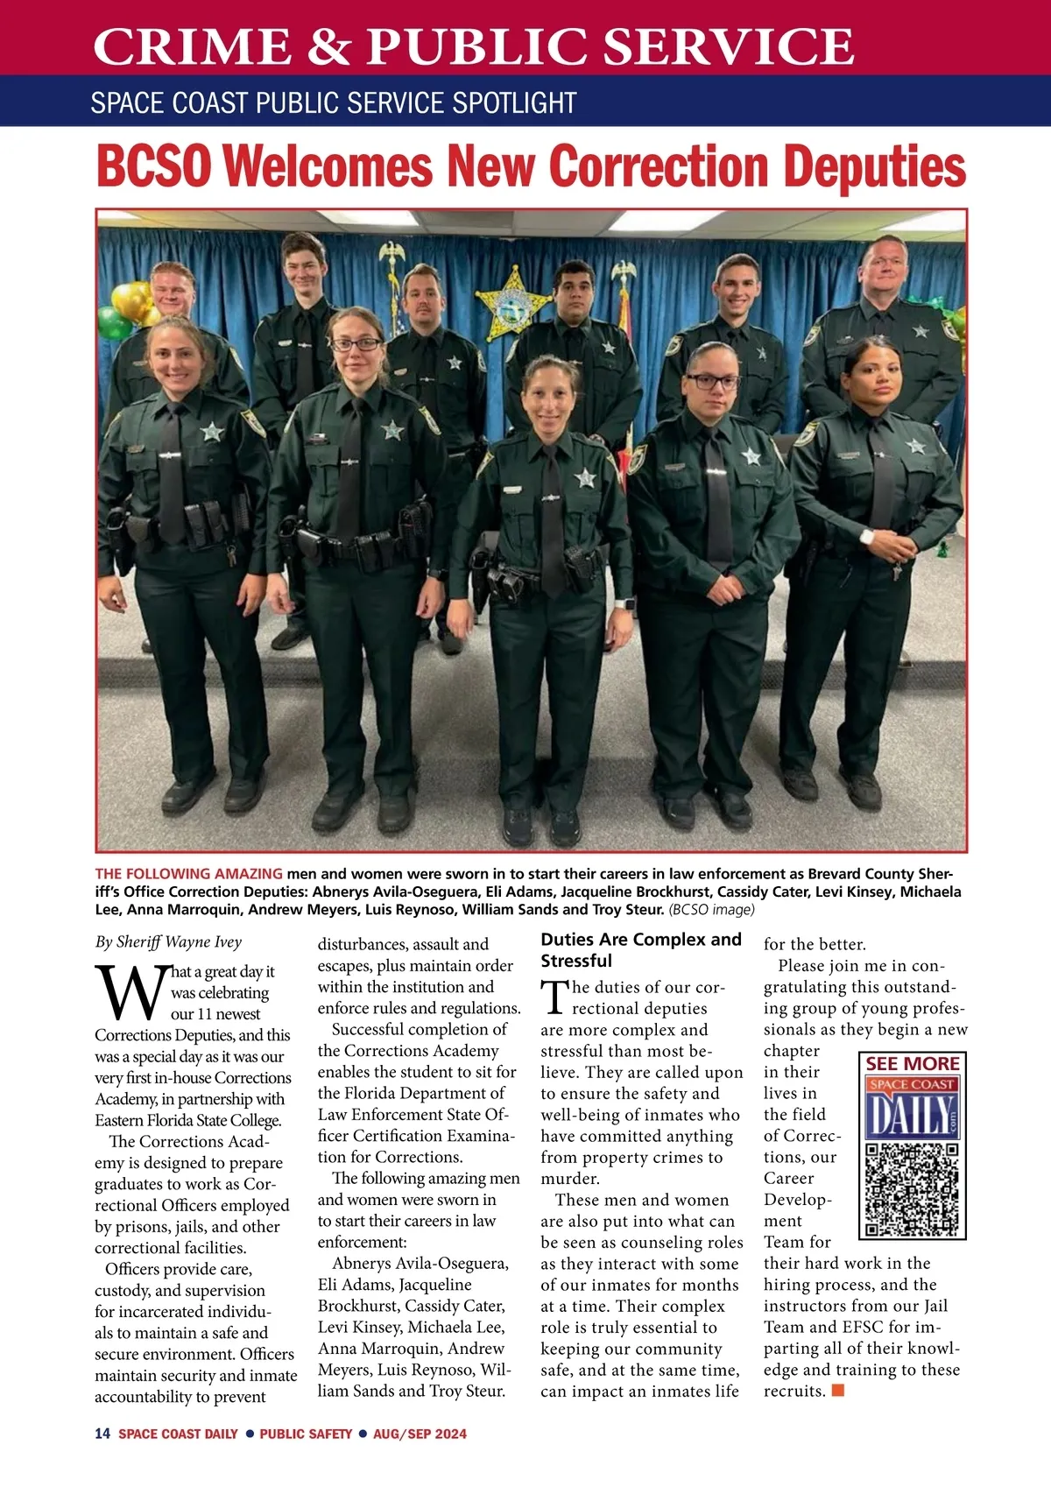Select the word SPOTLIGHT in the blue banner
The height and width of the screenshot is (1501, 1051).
514,103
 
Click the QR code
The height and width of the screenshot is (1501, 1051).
912,1189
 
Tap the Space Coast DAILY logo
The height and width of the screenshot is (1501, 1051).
912,1109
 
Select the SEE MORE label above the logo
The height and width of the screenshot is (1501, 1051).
912,1064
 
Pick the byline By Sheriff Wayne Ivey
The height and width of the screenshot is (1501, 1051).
168,942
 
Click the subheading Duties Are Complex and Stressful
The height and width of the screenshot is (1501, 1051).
640,949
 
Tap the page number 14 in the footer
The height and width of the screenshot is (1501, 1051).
102,1434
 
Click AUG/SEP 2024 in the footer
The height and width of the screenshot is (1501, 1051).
420,1434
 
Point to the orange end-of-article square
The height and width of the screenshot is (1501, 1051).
838,1390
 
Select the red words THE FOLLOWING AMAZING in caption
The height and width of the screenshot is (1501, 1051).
188,873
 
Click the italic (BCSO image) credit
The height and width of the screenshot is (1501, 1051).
711,909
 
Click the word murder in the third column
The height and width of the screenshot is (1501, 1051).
569,1179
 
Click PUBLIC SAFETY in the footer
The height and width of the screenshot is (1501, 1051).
306,1434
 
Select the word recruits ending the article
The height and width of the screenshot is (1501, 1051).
794,1391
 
